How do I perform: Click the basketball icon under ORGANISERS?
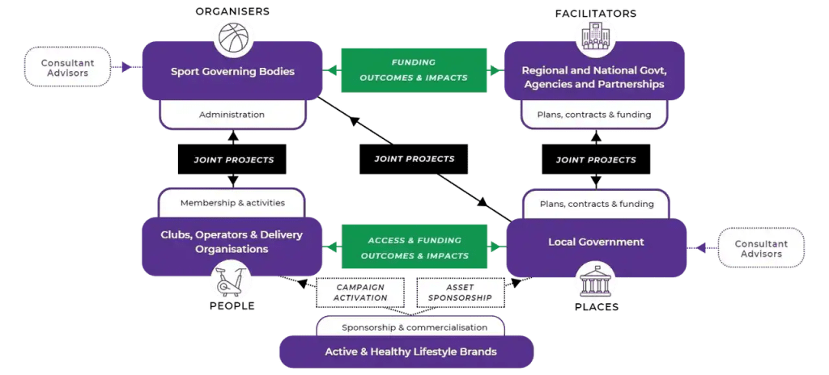coord(233,37)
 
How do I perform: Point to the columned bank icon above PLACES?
coord(595,282)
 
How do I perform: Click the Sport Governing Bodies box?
coord(232,71)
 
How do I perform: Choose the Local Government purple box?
coord(596,242)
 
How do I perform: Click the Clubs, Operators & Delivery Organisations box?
coord(232,241)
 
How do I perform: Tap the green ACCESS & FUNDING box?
coord(414,248)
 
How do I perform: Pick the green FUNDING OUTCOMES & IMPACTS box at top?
coord(414,70)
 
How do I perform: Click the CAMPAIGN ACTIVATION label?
coord(360,293)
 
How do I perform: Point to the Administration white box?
coord(232,115)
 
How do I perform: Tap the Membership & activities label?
coord(232,203)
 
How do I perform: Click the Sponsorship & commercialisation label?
coord(414,327)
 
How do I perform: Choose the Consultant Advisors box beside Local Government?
coord(762,249)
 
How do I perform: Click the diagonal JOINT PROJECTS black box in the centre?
coord(414,159)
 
